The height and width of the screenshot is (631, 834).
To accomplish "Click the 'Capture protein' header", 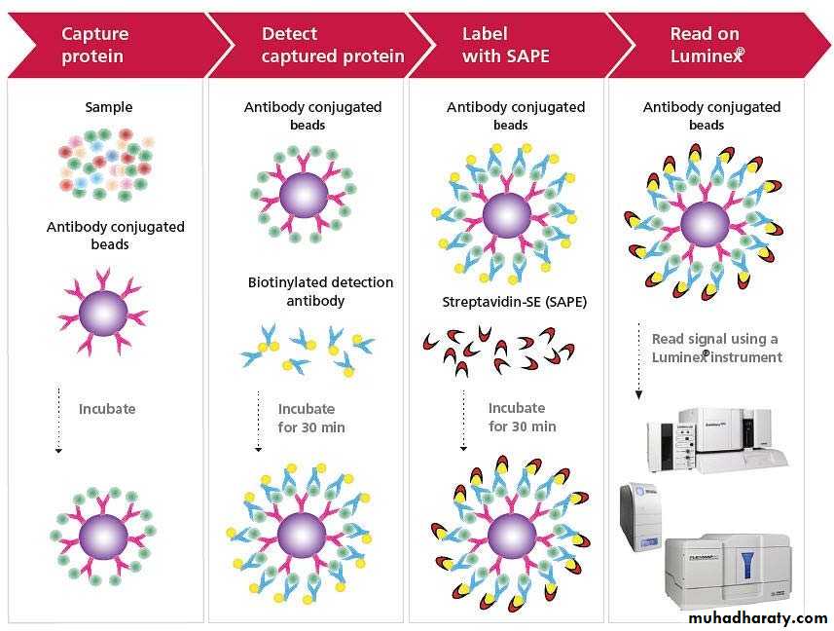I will click(x=94, y=45).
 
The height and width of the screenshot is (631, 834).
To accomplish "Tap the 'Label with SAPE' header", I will click(x=505, y=45).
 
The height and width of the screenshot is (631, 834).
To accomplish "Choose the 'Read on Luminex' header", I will click(x=707, y=45).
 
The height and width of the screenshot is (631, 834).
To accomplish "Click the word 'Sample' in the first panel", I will click(x=108, y=107).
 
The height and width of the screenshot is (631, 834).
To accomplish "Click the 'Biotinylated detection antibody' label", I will click(x=320, y=291).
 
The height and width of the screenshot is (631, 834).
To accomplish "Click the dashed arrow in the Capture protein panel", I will click(x=58, y=420).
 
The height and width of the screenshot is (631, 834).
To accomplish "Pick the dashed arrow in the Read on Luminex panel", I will click(x=638, y=361).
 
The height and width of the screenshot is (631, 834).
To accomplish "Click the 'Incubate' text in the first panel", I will click(x=107, y=409).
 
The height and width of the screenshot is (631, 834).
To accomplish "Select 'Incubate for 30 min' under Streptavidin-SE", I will click(x=522, y=417).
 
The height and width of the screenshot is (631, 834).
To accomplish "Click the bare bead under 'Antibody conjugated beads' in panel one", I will click(x=104, y=312).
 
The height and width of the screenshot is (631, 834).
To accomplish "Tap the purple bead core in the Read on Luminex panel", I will click(x=704, y=223).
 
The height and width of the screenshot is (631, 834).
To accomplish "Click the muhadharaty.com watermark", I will click(x=757, y=617).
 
